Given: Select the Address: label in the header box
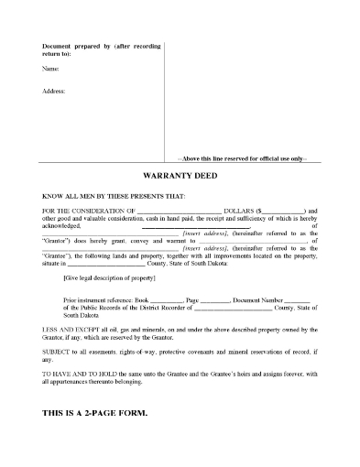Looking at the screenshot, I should pyautogui.click(x=54, y=92).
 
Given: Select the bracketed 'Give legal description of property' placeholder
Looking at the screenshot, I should pyautogui.click(x=107, y=276).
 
